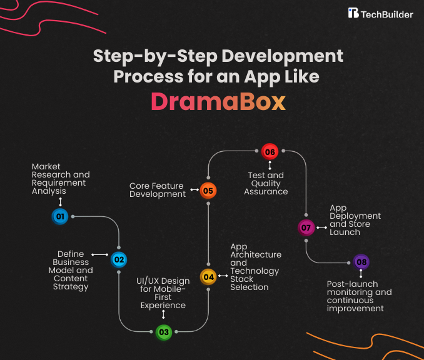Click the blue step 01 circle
(x=60, y=217)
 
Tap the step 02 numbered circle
(x=119, y=259)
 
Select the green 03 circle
(x=164, y=332)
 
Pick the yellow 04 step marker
(x=208, y=276)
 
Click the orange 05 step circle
(x=208, y=191)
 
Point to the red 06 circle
(x=270, y=152)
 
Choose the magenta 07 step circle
(x=306, y=227)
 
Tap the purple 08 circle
(x=361, y=261)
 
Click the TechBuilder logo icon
(x=353, y=13)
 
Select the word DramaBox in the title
(x=218, y=102)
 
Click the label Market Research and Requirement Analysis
(x=61, y=179)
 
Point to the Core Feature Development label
(x=158, y=190)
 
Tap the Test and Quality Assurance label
(x=267, y=183)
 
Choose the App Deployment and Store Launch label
(x=355, y=220)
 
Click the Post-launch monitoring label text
(x=359, y=296)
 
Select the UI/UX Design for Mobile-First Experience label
(x=163, y=293)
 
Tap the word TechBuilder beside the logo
(x=387, y=13)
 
